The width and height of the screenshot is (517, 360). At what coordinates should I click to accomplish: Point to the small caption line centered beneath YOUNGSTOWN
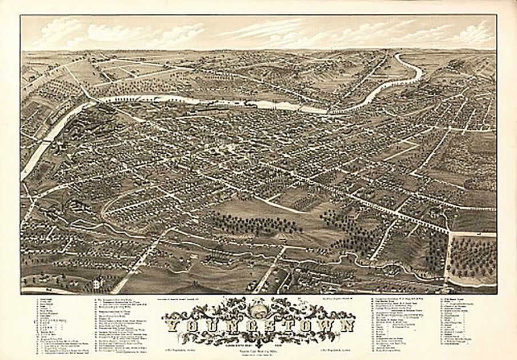258,342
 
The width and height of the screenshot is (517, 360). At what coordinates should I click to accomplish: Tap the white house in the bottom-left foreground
98,282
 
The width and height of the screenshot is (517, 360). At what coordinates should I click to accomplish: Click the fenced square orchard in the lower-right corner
471,257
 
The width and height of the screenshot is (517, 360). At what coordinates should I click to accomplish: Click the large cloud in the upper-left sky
63,34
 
